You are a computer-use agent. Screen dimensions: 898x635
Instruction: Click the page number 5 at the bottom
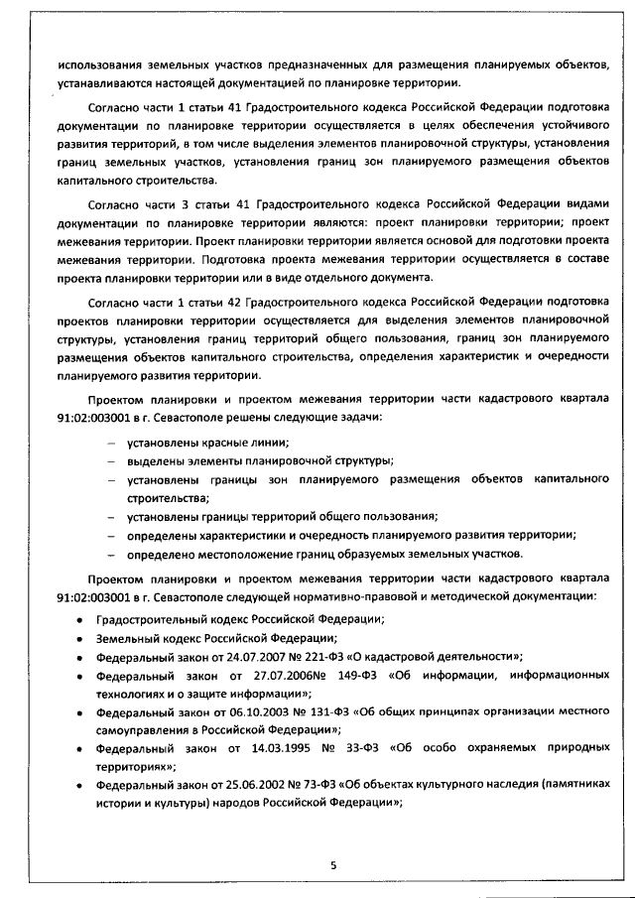333,864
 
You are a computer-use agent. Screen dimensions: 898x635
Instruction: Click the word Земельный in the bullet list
127,638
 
